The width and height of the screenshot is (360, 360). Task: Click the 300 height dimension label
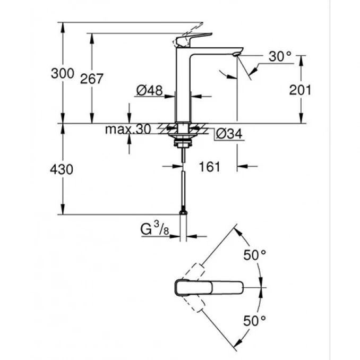point(62,74)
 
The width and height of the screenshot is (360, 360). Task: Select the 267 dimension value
point(91,79)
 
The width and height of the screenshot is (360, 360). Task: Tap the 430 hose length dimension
point(62,169)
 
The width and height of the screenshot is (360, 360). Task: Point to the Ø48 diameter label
point(149,91)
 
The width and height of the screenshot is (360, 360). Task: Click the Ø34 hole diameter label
point(229,134)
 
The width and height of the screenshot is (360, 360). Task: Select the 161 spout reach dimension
point(209,167)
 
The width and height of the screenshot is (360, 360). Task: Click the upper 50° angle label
point(255,255)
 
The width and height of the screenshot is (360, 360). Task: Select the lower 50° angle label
point(255,320)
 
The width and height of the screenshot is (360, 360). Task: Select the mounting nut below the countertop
point(183,141)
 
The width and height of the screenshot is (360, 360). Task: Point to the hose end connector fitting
point(183,212)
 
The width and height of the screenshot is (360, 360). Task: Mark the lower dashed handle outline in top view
point(194,305)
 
